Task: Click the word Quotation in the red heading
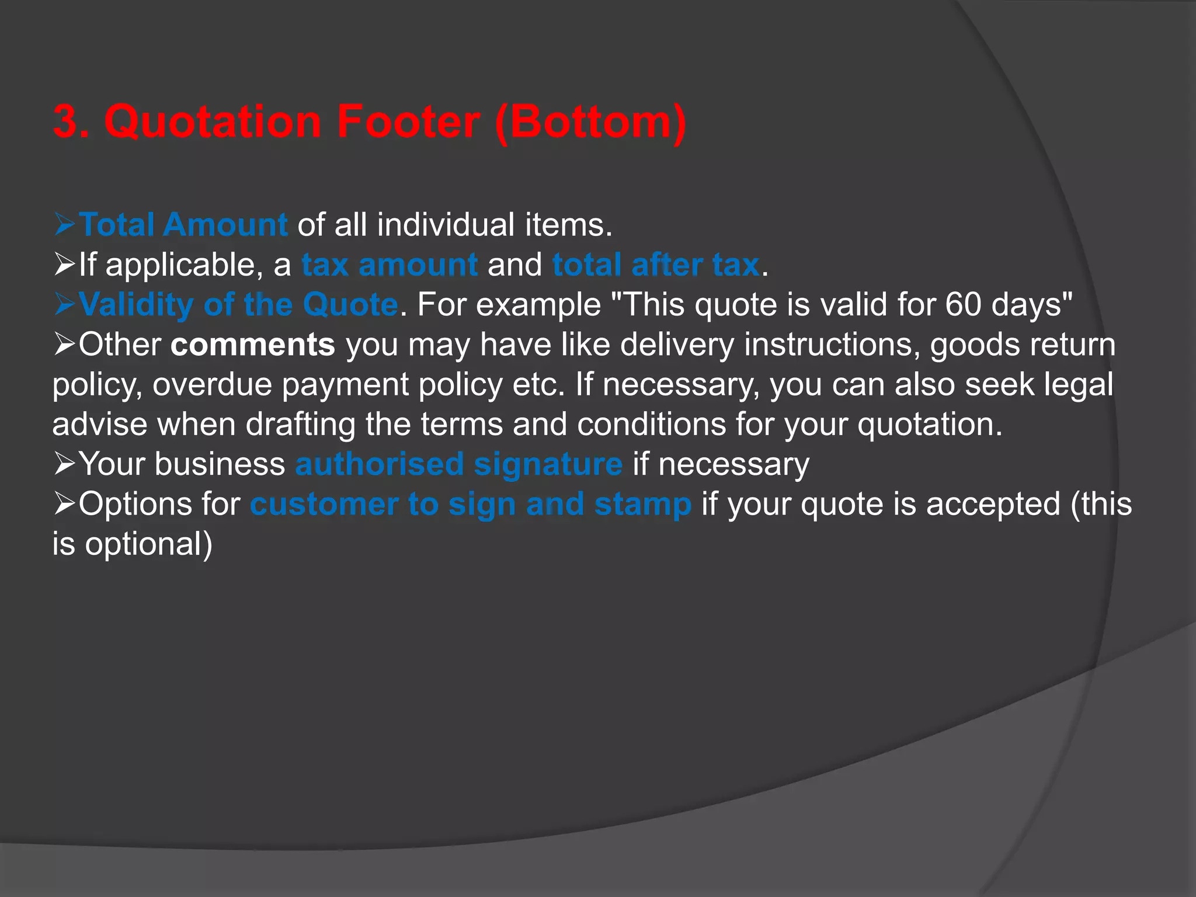(x=213, y=121)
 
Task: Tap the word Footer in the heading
(x=408, y=121)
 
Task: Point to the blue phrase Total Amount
(x=183, y=225)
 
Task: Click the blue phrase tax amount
(x=390, y=265)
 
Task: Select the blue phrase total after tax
(x=656, y=265)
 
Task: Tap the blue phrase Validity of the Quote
(x=238, y=304)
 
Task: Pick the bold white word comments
(x=253, y=345)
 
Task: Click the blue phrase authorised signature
(x=459, y=464)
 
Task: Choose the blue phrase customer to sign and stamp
(x=471, y=504)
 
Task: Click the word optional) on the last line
(x=149, y=544)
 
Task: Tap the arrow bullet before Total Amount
(x=64, y=225)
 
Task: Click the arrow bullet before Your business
(x=64, y=464)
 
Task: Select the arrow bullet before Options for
(x=64, y=504)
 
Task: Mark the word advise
(x=100, y=424)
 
